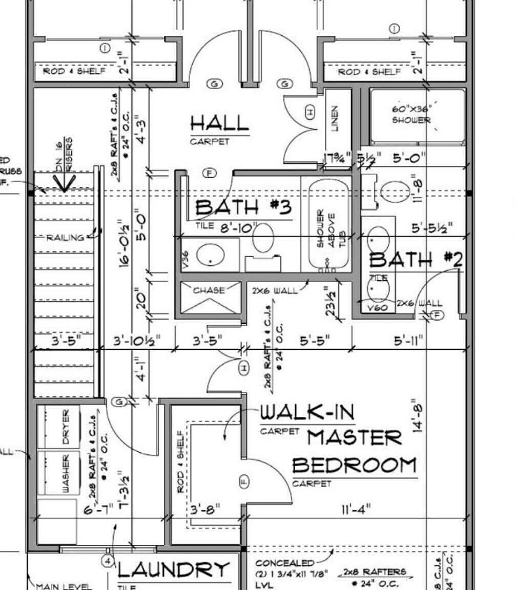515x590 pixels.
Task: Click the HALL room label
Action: point(219,123)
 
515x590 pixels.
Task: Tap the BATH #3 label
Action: point(243,207)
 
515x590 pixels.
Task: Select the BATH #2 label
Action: point(416,260)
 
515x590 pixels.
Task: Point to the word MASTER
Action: point(354,438)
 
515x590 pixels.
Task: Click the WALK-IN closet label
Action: point(307,412)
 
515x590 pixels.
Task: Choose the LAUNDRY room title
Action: point(174,570)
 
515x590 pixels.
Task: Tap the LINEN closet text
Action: point(334,119)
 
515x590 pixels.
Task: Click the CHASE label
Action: point(209,290)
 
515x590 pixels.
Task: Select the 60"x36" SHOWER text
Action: point(411,115)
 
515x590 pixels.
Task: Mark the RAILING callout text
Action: point(65,238)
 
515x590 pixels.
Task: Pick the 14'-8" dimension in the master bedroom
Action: point(418,416)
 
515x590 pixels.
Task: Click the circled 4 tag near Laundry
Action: point(108,561)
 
